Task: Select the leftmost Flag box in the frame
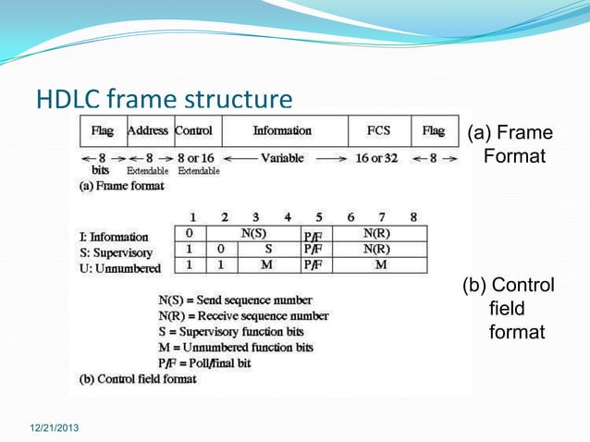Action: pos(102,131)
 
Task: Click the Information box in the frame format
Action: pos(283,131)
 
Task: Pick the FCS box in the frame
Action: pos(379,131)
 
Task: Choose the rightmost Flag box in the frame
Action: pos(434,131)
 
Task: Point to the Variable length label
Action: pos(282,158)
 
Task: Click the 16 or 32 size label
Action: pos(376,158)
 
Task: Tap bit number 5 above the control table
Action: pos(318,217)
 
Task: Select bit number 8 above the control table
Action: pos(413,217)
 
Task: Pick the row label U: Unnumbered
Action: pos(119,268)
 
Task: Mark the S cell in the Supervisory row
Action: pos(267,250)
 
